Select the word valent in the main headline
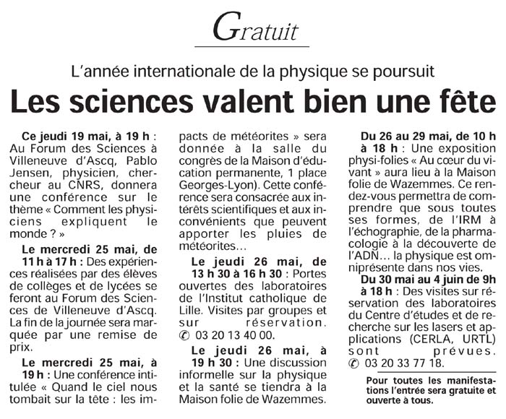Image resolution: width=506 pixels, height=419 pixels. (x=224, y=101)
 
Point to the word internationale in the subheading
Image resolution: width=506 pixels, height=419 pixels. (x=181, y=72)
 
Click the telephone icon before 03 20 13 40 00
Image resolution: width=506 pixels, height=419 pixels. (x=184, y=335)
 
